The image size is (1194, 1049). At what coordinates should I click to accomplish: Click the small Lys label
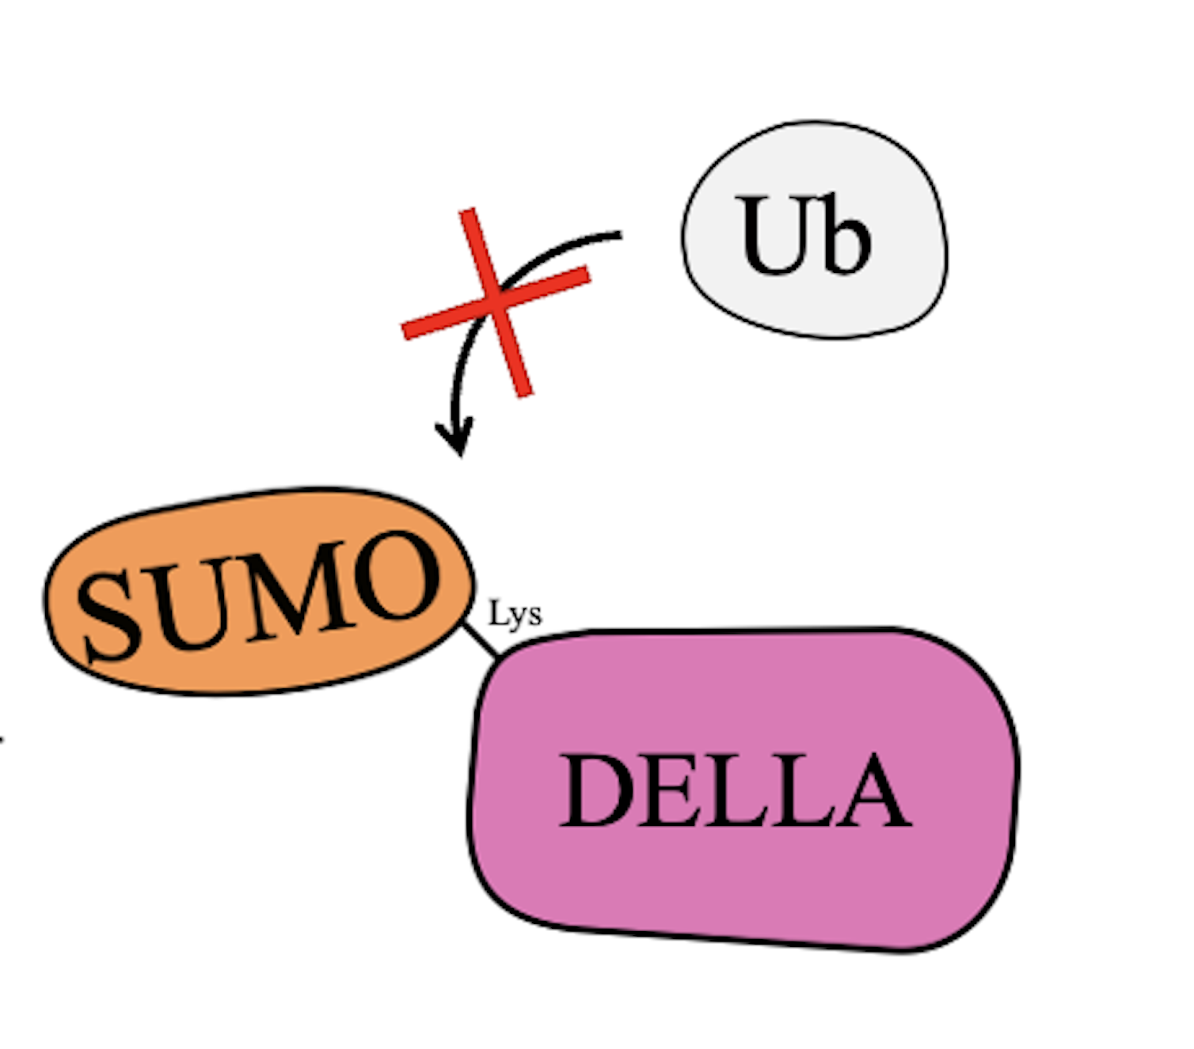point(515,614)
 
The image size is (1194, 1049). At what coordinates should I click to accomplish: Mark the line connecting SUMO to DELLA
point(481,640)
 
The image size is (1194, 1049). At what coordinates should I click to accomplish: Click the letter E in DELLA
point(672,790)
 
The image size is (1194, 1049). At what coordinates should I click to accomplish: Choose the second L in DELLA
point(801,790)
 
